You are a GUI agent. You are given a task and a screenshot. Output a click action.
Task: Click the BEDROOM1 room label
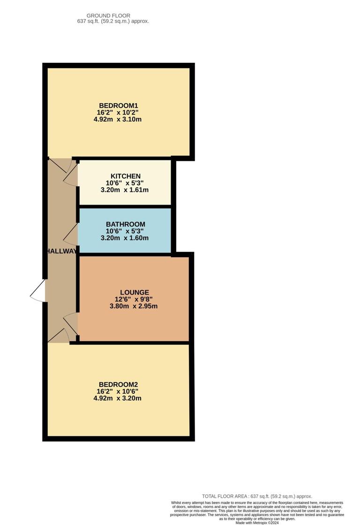pyautogui.click(x=118, y=105)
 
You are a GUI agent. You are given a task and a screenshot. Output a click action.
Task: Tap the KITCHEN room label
pyautogui.click(x=125, y=176)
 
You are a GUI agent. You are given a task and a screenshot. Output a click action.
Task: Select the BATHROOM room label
pyautogui.click(x=125, y=224)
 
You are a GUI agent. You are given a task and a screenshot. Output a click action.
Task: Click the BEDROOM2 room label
pyautogui.click(x=118, y=384)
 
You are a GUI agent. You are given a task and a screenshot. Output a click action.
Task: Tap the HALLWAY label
pyautogui.click(x=61, y=251)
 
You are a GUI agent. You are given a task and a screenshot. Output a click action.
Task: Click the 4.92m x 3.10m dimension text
pyautogui.click(x=118, y=120)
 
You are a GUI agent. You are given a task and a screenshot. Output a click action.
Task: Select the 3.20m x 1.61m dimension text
pyautogui.click(x=125, y=190)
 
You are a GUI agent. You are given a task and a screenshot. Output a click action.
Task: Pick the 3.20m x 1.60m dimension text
pyautogui.click(x=125, y=238)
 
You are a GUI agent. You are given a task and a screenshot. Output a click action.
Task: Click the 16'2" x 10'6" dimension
pyautogui.click(x=118, y=391)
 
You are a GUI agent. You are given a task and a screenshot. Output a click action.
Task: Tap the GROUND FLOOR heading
pyautogui.click(x=108, y=15)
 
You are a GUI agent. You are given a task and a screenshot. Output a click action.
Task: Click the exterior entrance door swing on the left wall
pyautogui.click(x=38, y=291)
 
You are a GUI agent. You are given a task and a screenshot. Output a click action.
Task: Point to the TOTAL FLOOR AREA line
pyautogui.click(x=257, y=496)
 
